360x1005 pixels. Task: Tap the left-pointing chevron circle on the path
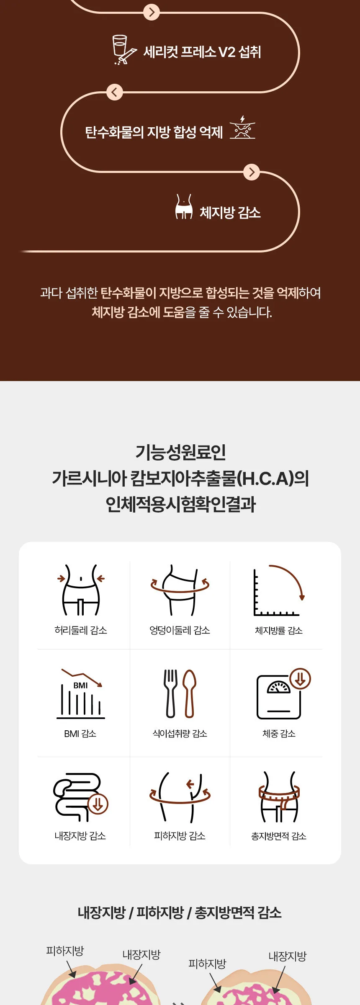click(114, 92)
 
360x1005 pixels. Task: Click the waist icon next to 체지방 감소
click(184, 206)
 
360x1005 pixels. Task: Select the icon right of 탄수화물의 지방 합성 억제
click(242, 127)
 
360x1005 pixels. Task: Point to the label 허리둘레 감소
click(81, 630)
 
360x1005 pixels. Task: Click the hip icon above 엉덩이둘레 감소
click(180, 590)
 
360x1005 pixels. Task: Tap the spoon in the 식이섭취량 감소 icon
click(190, 693)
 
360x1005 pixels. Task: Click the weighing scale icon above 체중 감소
click(283, 694)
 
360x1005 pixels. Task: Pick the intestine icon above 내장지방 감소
click(80, 797)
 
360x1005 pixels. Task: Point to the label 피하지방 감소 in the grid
click(180, 836)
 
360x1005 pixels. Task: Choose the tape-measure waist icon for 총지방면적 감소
click(279, 797)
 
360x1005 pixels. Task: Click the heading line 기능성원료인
click(180, 452)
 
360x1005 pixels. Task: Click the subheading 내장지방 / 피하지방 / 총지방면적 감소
click(180, 912)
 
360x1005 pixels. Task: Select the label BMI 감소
click(80, 734)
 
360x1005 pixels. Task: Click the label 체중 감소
click(279, 734)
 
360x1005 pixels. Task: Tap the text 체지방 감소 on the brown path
click(230, 212)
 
